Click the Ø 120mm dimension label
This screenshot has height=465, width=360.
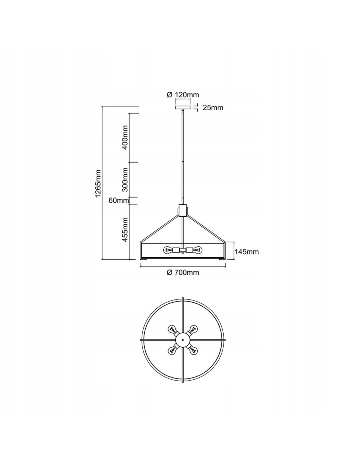click(x=183, y=95)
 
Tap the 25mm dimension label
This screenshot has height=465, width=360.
click(x=213, y=108)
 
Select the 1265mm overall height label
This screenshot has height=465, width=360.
click(x=98, y=183)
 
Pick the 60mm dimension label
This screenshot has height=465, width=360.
click(x=119, y=200)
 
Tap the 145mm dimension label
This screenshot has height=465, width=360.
click(x=246, y=252)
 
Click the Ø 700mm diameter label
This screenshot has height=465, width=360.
click(x=183, y=273)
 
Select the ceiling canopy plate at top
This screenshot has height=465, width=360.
click(x=183, y=107)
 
